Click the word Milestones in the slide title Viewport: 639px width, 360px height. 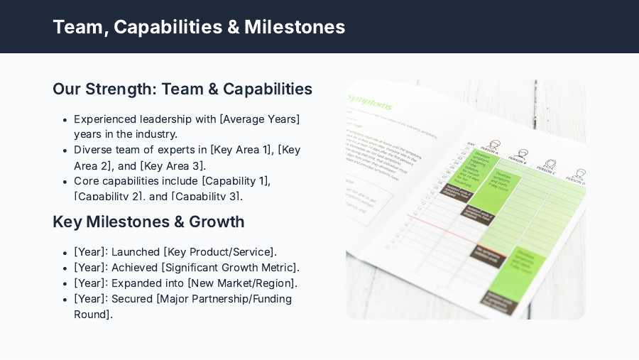(295, 27)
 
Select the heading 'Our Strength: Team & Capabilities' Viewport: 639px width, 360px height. (182, 89)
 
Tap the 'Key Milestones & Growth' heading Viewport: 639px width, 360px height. (148, 222)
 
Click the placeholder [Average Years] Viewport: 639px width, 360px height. (260, 119)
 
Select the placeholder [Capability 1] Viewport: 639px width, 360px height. (236, 181)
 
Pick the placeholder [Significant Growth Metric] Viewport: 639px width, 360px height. (230, 268)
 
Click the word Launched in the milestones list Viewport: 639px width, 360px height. (135, 252)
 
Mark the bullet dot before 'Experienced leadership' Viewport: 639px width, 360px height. (65, 119)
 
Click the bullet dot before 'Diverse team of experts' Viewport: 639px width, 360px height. (65, 151)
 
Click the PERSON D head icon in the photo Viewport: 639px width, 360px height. (579, 173)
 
